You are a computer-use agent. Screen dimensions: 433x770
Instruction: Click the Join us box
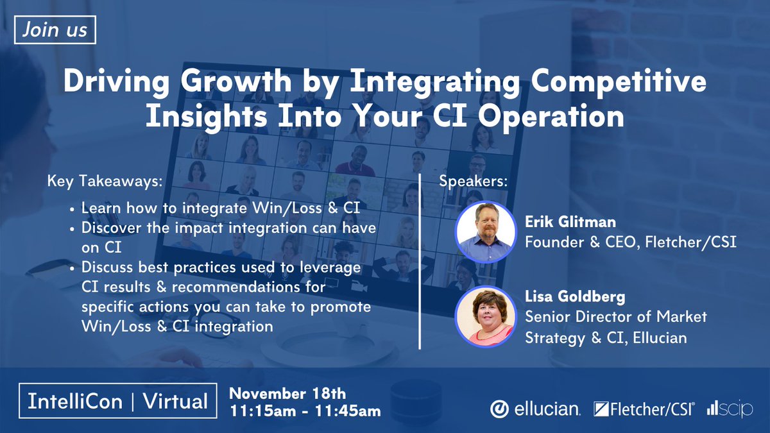pos(55,31)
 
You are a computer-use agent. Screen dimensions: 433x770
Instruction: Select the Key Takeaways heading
pos(105,181)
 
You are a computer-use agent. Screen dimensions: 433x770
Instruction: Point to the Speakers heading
pos(473,181)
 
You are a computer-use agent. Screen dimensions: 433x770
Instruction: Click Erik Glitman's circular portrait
pos(485,232)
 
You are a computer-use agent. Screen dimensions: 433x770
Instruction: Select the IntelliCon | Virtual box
pos(117,402)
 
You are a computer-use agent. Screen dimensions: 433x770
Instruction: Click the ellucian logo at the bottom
pos(536,409)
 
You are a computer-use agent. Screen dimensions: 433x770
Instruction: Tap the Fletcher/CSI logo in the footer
pos(643,409)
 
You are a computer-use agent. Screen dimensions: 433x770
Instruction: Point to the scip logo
pos(730,409)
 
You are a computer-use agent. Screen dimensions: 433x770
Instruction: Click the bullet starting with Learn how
pos(219,208)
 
